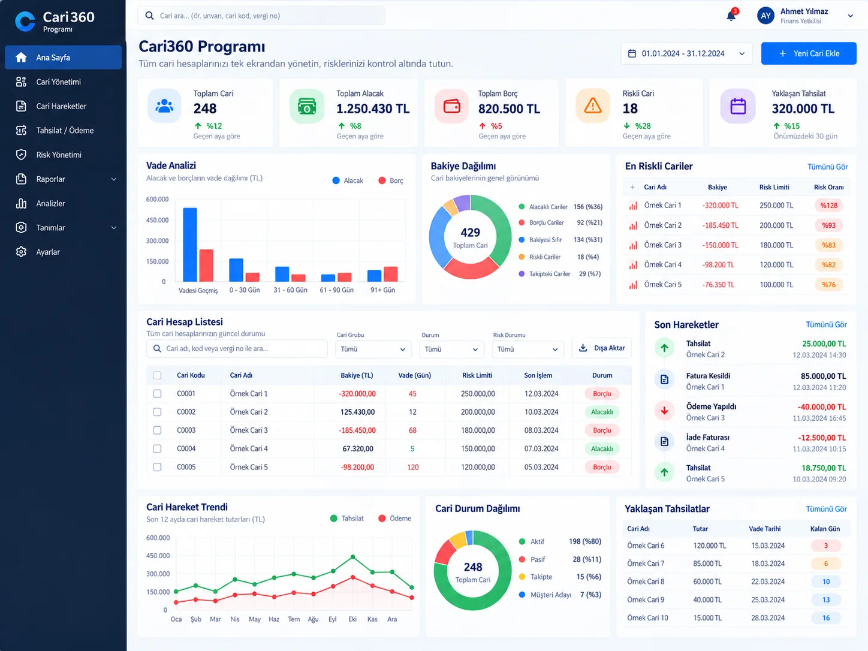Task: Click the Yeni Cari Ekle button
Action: click(808, 53)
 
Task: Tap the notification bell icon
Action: click(731, 16)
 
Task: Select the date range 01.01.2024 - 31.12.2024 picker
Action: click(686, 53)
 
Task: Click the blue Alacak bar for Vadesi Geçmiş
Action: click(190, 245)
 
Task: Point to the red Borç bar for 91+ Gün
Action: click(391, 275)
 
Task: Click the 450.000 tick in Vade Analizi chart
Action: click(158, 220)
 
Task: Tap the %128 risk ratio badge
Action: click(828, 206)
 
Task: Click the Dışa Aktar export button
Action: click(601, 348)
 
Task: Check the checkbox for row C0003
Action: click(157, 430)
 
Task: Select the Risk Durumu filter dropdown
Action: click(528, 349)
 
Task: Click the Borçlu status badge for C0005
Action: click(602, 467)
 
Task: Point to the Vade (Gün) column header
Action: click(414, 375)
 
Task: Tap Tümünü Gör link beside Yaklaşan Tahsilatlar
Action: click(827, 509)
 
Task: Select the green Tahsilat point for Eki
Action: click(352, 557)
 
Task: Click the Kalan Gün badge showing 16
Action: click(825, 618)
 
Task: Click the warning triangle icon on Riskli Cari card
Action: click(592, 106)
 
